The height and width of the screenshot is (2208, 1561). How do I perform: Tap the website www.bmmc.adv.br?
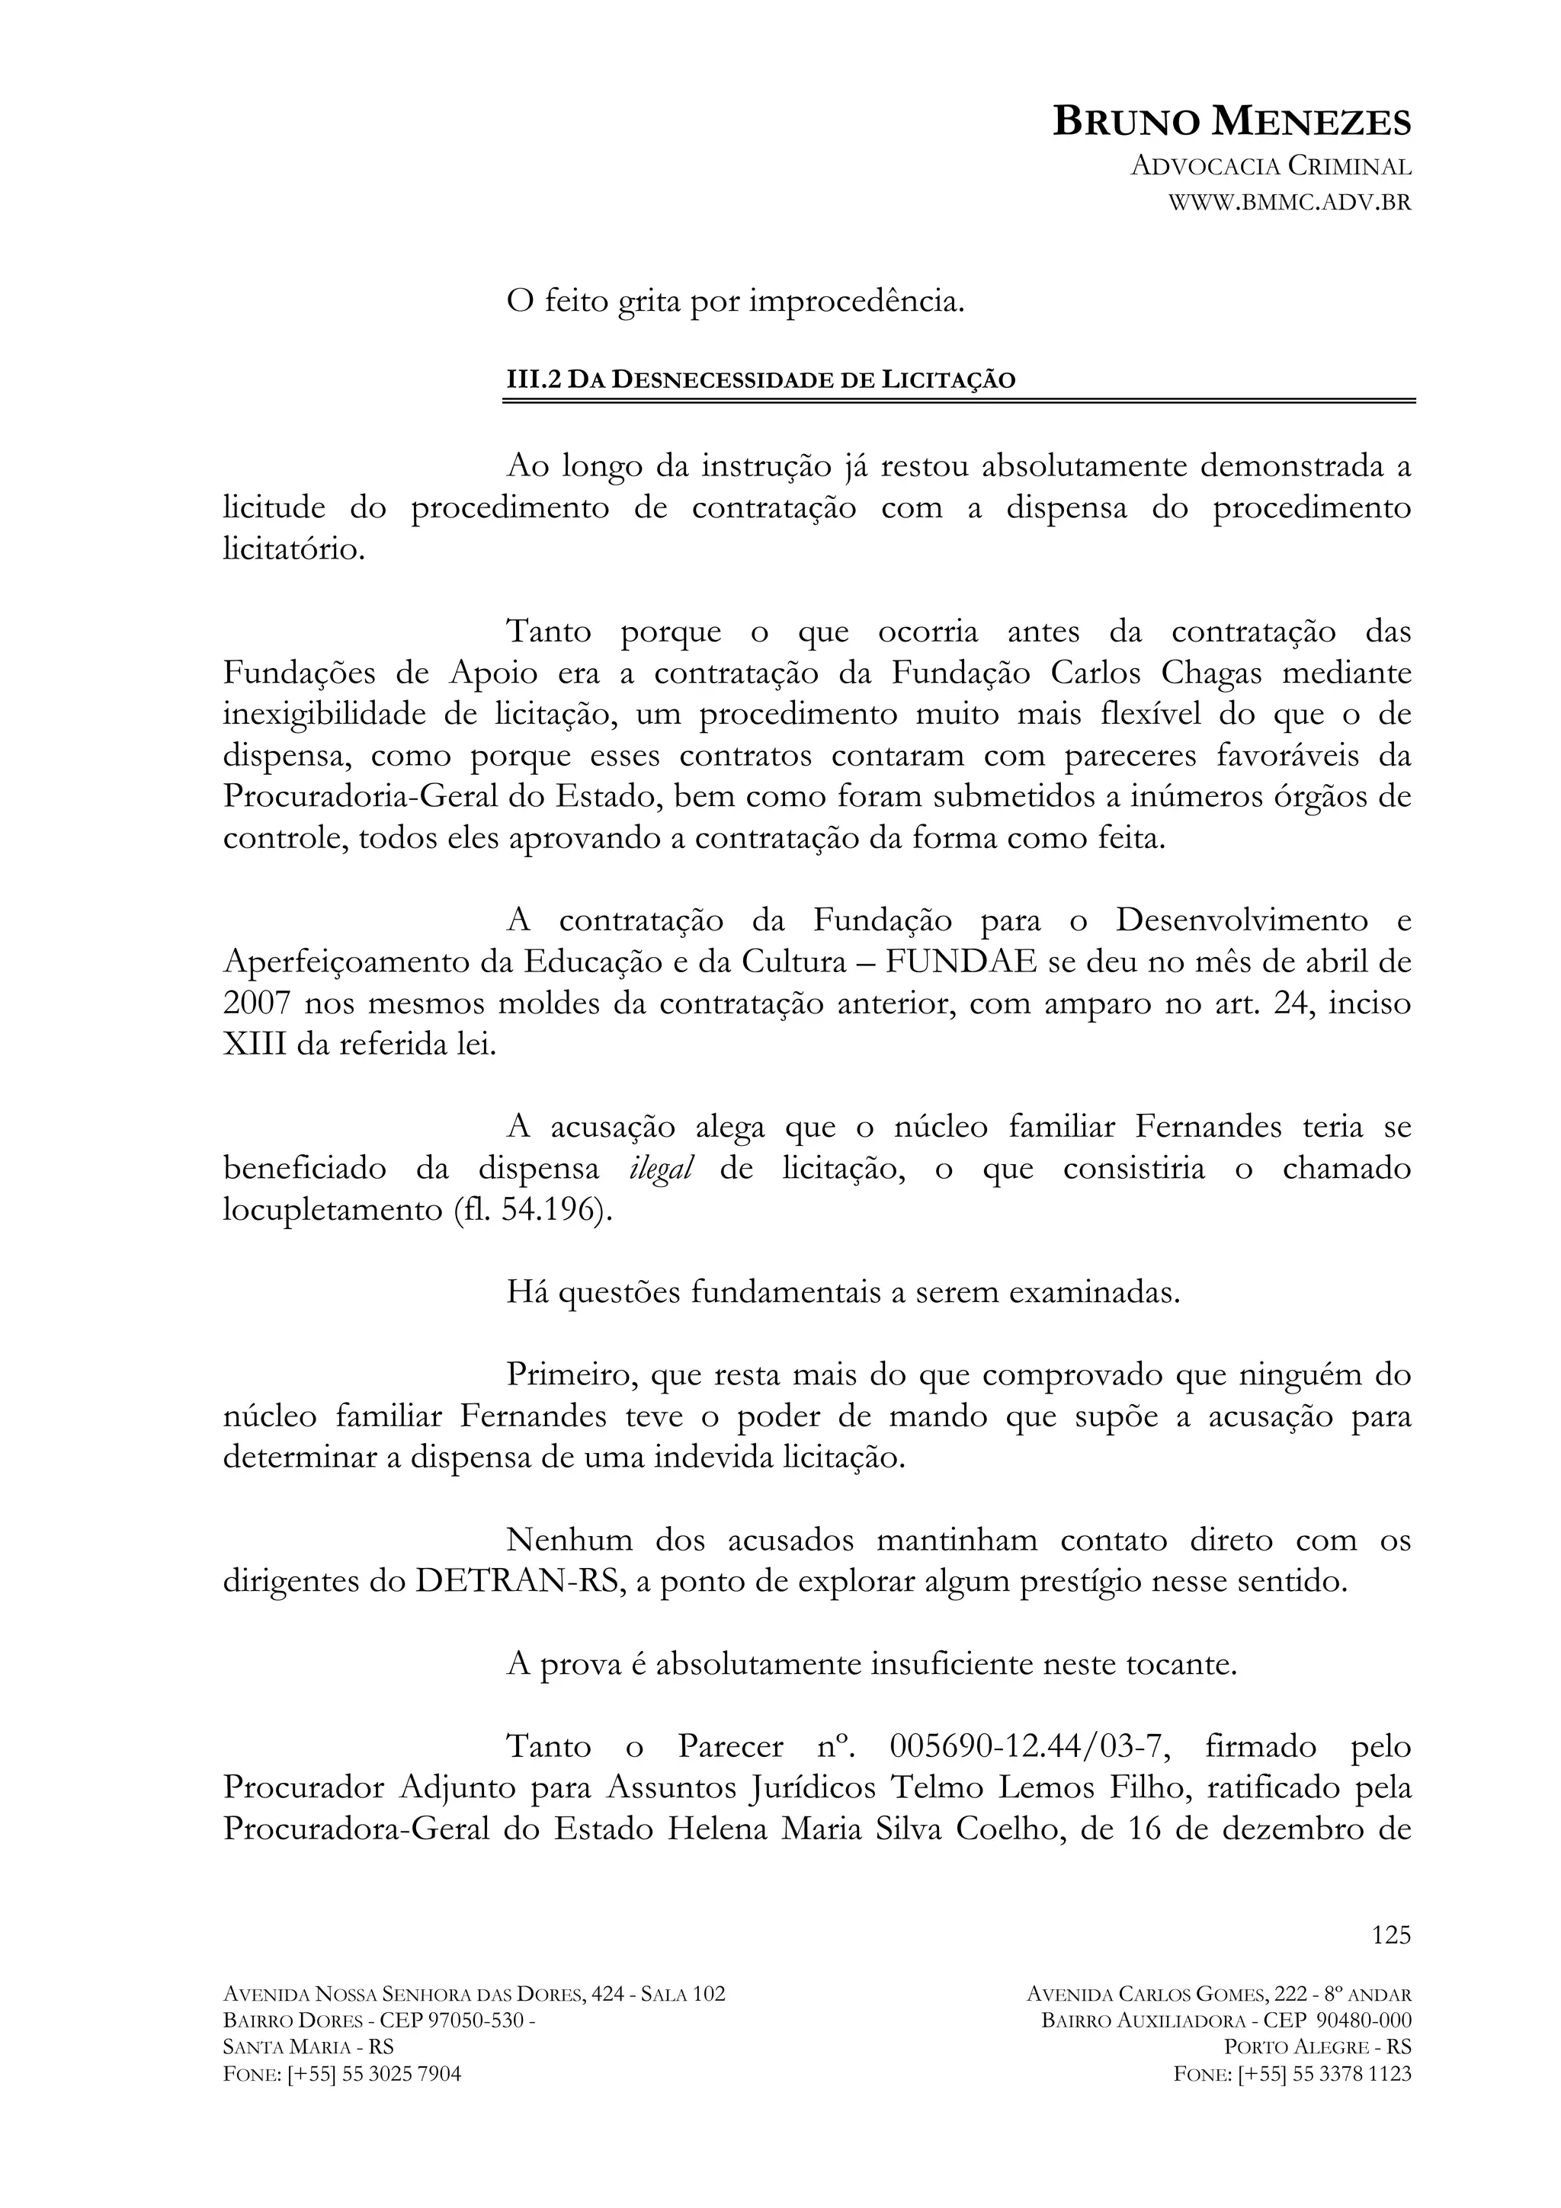[1289, 203]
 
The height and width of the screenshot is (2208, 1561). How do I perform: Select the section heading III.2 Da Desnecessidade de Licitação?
[761, 380]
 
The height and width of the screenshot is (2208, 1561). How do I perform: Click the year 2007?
[257, 1004]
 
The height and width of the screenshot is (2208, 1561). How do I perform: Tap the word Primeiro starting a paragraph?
[572, 1376]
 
